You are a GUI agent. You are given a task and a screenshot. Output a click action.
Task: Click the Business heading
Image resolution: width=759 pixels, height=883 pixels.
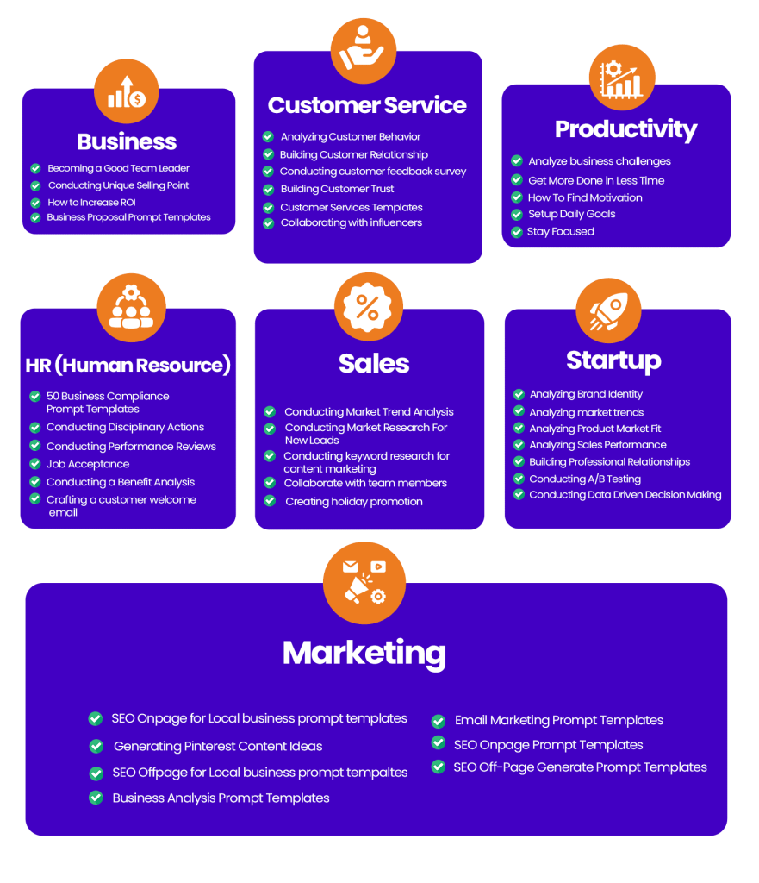point(127,141)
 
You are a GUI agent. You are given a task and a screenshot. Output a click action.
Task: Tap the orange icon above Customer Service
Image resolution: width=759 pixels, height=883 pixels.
point(364,48)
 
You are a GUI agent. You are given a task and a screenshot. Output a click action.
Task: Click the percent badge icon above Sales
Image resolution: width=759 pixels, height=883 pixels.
point(367,306)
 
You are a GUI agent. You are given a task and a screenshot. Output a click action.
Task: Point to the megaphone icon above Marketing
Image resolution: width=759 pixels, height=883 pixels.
point(364,583)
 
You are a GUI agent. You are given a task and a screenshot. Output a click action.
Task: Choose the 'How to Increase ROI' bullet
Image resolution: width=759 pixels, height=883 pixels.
point(92,203)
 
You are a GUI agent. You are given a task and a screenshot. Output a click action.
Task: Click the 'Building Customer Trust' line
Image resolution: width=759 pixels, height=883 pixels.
point(337,189)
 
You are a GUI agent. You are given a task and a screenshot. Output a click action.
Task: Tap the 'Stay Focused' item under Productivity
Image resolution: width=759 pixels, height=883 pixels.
point(561,232)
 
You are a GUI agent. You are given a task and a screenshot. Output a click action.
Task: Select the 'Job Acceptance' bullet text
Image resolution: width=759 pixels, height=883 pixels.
point(88,464)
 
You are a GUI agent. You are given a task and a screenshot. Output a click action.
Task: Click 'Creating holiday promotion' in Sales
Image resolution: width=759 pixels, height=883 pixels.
point(354,502)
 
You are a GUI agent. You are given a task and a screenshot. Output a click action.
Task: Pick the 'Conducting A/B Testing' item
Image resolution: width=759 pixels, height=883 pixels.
point(585,479)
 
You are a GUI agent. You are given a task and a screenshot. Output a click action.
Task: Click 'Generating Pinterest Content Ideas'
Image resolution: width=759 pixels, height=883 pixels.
point(218,746)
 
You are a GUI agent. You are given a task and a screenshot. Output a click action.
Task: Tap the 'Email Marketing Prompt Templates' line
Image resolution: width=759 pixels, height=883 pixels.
point(559,720)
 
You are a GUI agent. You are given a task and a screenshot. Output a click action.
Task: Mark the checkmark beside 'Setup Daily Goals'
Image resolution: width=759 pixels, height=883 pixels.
point(517,214)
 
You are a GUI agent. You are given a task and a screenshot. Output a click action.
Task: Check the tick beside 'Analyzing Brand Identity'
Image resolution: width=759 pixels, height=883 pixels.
point(519,394)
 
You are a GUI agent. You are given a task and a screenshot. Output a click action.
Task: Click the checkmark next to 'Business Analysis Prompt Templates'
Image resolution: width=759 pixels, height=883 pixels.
point(96,798)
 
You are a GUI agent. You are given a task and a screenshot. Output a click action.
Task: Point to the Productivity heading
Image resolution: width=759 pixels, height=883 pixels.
point(625,129)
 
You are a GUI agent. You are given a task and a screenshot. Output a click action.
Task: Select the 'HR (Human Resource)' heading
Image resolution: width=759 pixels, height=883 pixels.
point(128,366)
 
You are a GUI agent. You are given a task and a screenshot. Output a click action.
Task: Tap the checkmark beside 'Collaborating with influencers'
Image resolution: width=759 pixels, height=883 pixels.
point(269,223)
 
